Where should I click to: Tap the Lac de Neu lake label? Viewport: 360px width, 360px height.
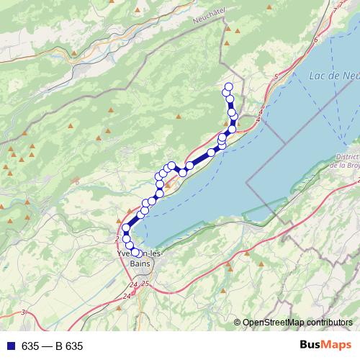point(333,76)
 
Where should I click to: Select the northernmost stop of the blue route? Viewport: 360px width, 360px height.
point(228,87)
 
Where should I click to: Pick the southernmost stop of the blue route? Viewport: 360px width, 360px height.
point(135,252)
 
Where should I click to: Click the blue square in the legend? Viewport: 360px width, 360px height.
point(8,346)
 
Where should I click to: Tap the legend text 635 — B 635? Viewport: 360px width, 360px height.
point(52,346)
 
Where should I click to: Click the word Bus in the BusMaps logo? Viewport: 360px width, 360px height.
point(312,345)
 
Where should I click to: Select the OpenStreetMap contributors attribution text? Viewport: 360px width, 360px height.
point(298,323)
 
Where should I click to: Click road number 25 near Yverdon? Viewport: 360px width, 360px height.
point(145,284)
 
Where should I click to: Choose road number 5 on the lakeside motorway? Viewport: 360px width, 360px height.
point(275,76)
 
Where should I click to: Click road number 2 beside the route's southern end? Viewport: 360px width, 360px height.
point(116,238)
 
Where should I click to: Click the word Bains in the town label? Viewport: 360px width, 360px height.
point(139,264)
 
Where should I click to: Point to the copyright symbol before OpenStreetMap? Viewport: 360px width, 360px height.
point(238,323)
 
